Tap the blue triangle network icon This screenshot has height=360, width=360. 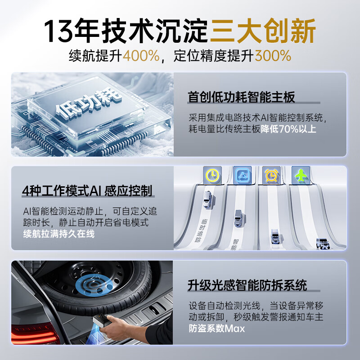click(242, 175)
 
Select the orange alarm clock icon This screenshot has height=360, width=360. click(271, 175)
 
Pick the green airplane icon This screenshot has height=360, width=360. click(300, 175)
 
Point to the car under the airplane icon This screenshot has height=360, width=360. click(323, 243)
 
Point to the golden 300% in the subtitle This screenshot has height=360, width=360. click(273, 56)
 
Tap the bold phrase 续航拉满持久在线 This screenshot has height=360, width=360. click(59, 234)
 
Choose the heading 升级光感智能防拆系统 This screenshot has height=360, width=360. click(247, 285)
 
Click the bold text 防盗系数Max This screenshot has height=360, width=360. click(217, 328)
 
